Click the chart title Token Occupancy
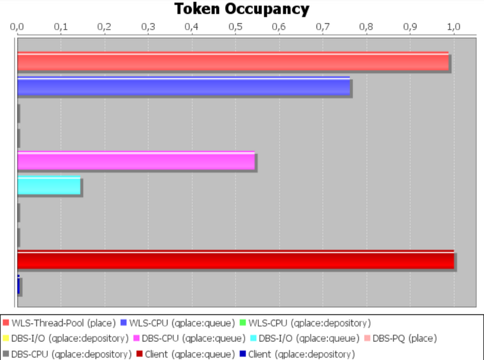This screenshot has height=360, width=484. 241,9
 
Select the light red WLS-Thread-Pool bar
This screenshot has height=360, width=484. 233,62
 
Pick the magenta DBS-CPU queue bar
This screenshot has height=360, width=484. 136,161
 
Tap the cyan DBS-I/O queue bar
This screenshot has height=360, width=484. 49,186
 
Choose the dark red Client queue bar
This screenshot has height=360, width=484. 235,260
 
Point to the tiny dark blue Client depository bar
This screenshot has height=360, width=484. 19,285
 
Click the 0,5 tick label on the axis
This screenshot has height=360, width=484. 235,27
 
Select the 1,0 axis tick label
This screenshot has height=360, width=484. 454,27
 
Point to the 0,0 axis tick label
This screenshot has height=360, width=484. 18,27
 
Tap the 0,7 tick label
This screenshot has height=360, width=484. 323,27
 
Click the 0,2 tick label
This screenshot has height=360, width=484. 105,27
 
